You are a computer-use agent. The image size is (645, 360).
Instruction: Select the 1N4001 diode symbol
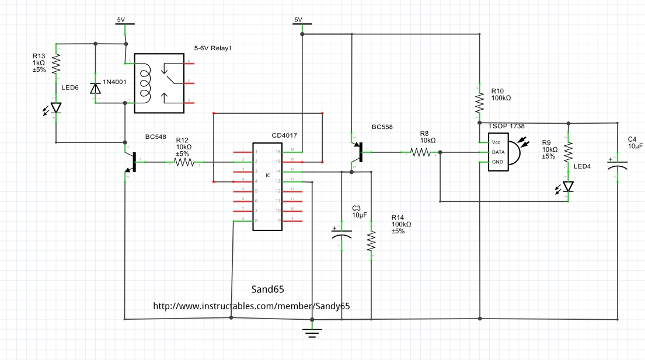(95, 88)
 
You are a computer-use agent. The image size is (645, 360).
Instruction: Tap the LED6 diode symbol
(57, 108)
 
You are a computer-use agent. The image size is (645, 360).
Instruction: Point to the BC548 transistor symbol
(132, 162)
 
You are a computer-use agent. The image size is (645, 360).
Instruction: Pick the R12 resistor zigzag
(183, 162)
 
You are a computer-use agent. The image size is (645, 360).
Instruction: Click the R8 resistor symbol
(421, 153)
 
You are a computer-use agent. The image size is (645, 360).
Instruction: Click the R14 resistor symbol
(371, 241)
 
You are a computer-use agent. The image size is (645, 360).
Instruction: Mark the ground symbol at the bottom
(312, 333)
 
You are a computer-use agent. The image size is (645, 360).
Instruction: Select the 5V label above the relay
(121, 20)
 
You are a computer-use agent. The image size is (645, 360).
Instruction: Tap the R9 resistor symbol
(568, 153)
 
